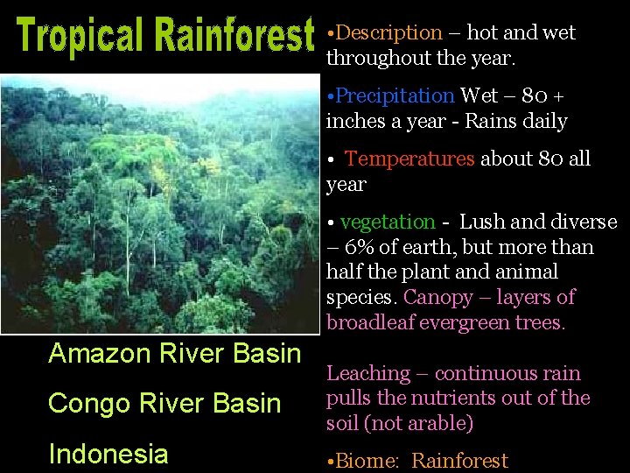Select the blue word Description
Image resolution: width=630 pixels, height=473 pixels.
(x=388, y=33)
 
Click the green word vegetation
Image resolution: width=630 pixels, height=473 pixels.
(x=387, y=222)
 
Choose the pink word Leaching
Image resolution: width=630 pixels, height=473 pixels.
(x=367, y=373)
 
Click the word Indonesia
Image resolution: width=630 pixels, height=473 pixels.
(x=108, y=454)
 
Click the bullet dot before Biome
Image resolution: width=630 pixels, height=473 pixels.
(x=330, y=461)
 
